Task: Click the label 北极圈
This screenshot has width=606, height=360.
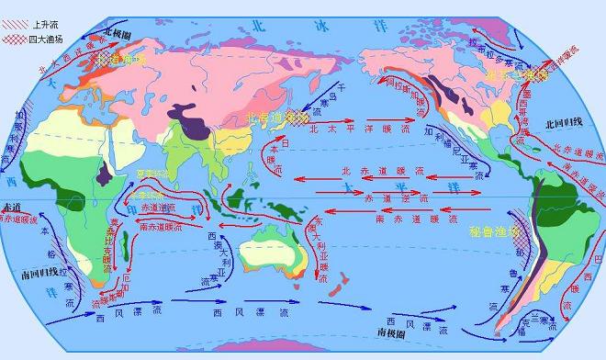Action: point(118,31)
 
